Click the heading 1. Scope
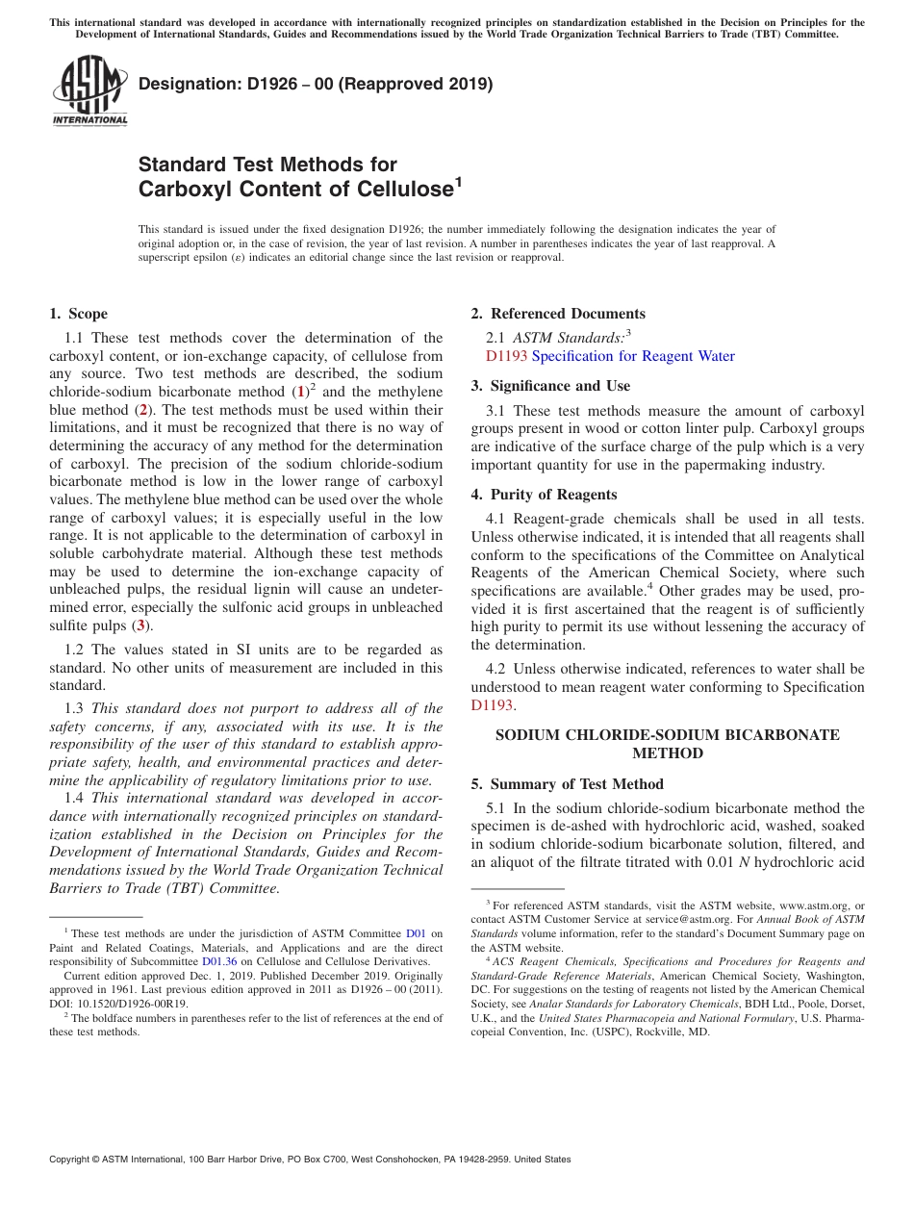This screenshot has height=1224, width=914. (78, 314)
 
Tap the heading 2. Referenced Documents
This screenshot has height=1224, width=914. (558, 314)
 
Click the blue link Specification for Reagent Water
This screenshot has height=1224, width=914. (633, 356)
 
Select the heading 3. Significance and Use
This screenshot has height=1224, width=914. (550, 386)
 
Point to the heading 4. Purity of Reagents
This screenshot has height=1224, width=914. (544, 495)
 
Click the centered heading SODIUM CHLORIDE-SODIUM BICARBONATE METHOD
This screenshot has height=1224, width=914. (667, 744)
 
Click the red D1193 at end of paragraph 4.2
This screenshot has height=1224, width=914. (492, 705)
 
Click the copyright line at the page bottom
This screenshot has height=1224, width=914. (310, 1160)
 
